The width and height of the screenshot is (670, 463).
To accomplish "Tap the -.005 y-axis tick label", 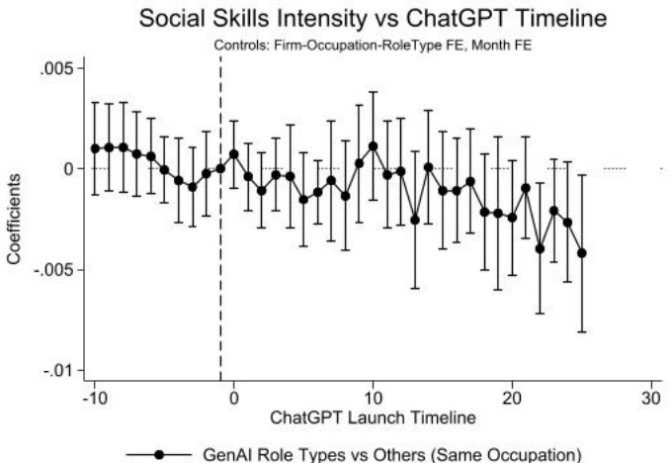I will pyautogui.click(x=55, y=269).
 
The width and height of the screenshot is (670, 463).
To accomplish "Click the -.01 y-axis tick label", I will pyautogui.click(x=60, y=370).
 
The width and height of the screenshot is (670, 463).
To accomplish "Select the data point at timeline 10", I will pyautogui.click(x=373, y=145).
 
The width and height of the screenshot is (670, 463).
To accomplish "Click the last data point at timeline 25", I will pyautogui.click(x=582, y=253).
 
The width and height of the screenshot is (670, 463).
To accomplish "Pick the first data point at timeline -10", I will pyautogui.click(x=95, y=148).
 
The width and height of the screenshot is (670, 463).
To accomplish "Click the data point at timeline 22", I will pyautogui.click(x=540, y=248).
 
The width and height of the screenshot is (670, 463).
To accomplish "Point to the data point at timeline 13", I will pyautogui.click(x=415, y=220).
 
